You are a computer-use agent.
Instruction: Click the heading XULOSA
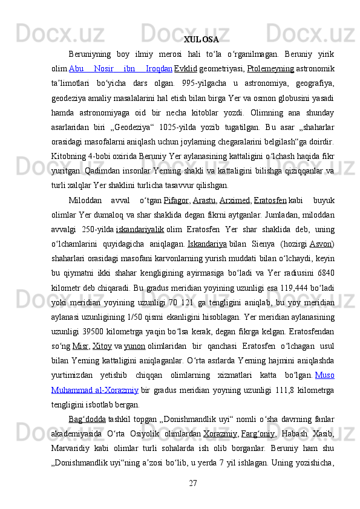click(x=201, y=41)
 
